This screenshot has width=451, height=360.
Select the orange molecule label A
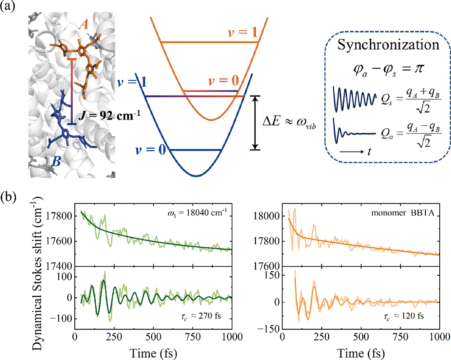[83, 27]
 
